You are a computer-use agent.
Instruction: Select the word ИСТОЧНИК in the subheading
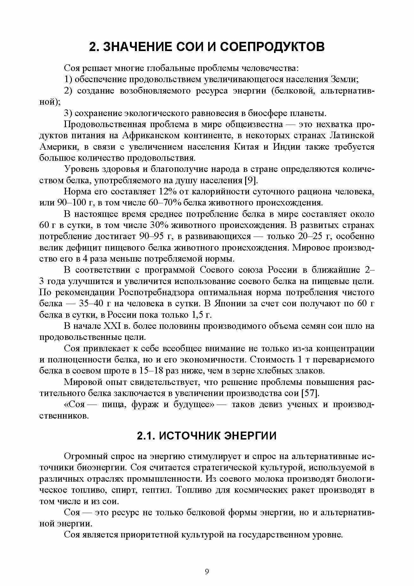tap(188, 436)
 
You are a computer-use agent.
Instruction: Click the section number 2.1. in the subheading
tap(146, 436)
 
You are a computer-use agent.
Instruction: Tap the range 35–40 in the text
tap(90, 304)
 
